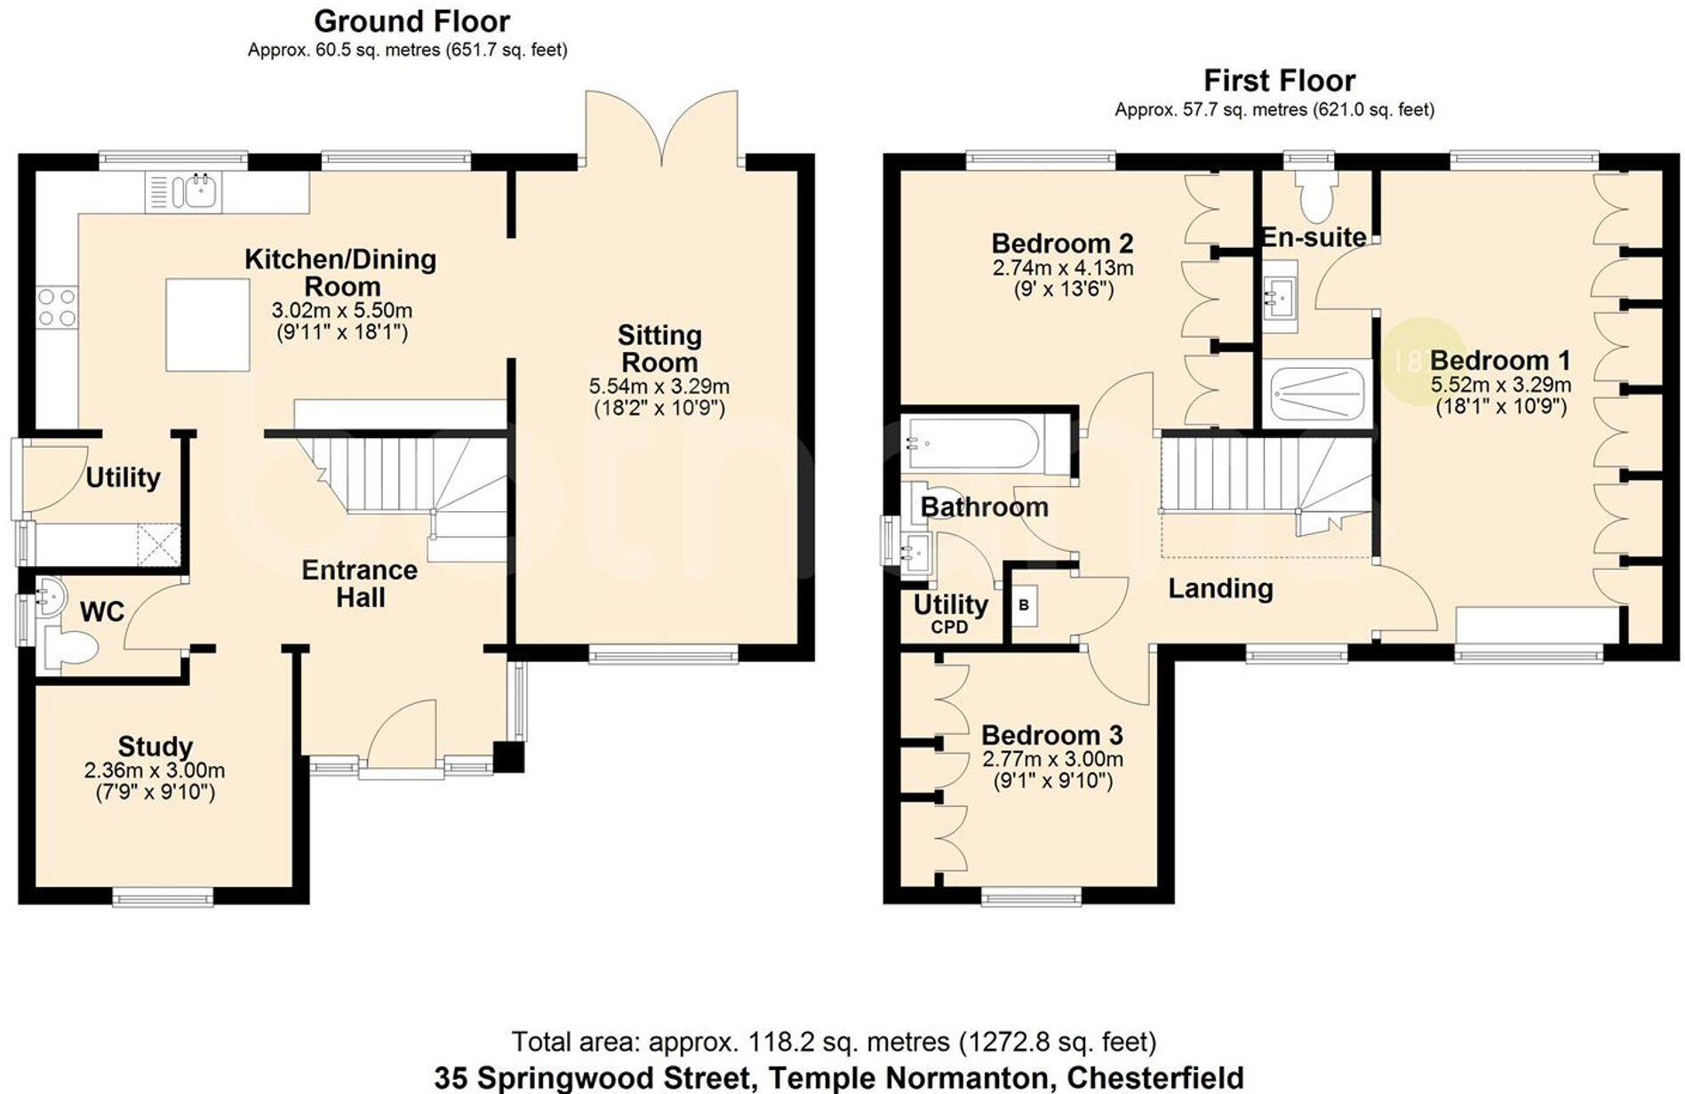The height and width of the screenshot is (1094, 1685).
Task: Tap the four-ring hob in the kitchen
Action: tap(57, 307)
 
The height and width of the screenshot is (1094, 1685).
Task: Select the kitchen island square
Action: tap(208, 324)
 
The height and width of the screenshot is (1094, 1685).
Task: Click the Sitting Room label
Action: tap(659, 348)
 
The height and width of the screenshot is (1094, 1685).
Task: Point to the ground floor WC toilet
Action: tap(71, 647)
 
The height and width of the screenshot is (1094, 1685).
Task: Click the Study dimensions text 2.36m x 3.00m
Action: tap(155, 771)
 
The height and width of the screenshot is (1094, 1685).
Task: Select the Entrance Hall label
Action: tap(359, 583)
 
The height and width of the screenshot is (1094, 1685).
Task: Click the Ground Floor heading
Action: tap(411, 20)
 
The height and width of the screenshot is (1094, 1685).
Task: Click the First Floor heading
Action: tap(1279, 81)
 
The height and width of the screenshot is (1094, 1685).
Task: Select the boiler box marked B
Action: tap(1024, 605)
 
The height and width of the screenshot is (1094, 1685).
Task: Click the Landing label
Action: tap(1219, 588)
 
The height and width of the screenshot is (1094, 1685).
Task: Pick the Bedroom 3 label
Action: tap(1051, 735)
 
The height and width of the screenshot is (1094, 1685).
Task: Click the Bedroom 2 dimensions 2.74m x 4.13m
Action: tap(1062, 268)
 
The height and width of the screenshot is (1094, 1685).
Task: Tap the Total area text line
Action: tap(833, 1041)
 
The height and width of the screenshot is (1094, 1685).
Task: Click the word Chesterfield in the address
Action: tap(1154, 1078)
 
